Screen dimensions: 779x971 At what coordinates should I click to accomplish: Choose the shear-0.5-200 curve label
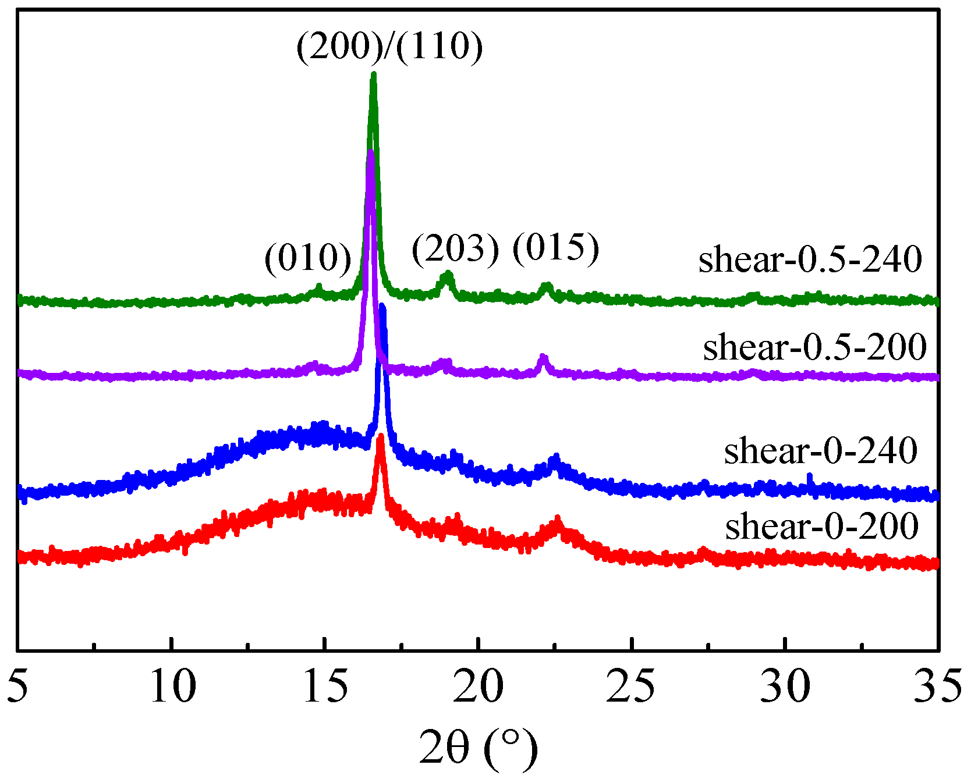(x=814, y=347)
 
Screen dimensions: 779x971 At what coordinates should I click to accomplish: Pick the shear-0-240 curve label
(x=820, y=451)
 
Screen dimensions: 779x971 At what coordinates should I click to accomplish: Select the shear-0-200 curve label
(x=821, y=527)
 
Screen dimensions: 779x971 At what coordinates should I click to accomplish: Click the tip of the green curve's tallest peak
(x=374, y=74)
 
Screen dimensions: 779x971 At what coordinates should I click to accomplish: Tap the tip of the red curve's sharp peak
(x=381, y=436)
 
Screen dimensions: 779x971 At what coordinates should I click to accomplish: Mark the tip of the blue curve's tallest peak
(x=382, y=305)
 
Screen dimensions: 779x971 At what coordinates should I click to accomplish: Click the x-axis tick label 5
(x=19, y=686)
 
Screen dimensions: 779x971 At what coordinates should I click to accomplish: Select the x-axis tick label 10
(x=172, y=686)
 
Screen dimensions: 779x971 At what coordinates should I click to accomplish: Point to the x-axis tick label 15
(x=325, y=686)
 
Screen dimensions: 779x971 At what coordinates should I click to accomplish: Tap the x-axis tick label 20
(x=479, y=686)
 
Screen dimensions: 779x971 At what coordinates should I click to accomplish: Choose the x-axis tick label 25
(x=632, y=686)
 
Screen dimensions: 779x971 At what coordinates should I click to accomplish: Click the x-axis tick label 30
(x=785, y=686)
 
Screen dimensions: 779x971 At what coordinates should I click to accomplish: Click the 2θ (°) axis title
(x=479, y=749)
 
